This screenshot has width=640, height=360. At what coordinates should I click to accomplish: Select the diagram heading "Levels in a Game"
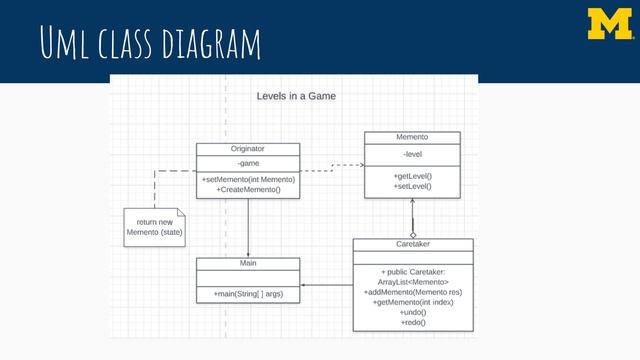[x=296, y=97]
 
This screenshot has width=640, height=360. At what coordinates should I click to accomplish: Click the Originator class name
[x=248, y=148]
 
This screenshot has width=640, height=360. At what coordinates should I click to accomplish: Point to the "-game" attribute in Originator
[x=248, y=162]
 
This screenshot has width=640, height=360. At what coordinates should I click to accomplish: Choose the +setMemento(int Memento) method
[x=248, y=179]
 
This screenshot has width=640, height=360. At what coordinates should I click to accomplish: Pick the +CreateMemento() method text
[x=248, y=189]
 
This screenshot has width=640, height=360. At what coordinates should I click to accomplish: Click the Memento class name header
[x=412, y=136]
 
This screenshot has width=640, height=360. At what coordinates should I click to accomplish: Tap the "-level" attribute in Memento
[x=412, y=154]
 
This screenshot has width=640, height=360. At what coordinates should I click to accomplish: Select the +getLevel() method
[x=412, y=176]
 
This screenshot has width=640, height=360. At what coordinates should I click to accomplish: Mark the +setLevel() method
[x=412, y=186]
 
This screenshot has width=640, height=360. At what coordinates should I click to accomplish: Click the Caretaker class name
[x=413, y=244]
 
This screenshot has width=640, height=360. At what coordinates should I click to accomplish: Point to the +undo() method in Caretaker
[x=413, y=312]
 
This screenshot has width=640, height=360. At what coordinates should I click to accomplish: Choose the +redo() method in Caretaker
[x=413, y=322]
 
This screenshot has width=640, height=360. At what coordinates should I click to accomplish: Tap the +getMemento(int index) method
[x=413, y=302]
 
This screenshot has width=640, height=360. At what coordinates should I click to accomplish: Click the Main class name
[x=248, y=263]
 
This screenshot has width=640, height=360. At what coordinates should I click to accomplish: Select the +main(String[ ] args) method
[x=248, y=294]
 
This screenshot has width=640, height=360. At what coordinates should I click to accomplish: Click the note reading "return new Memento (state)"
[x=155, y=227]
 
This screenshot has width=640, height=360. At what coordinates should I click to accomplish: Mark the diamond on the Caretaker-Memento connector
[x=412, y=233]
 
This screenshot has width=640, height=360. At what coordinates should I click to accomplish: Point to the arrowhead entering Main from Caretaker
[x=305, y=287]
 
